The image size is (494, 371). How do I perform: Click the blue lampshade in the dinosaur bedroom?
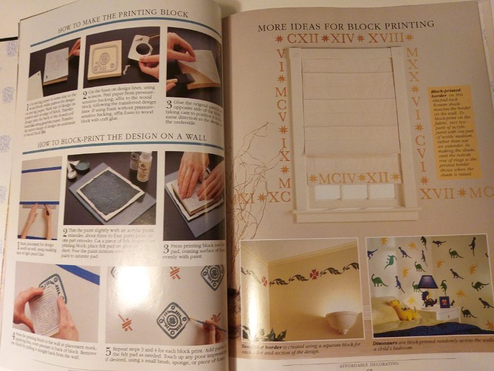click(428, 281)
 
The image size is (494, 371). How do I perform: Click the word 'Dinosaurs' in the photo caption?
click(383, 343)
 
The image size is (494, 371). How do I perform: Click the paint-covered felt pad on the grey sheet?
click(110, 193)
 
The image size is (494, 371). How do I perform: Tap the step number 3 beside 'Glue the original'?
click(169, 105)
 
